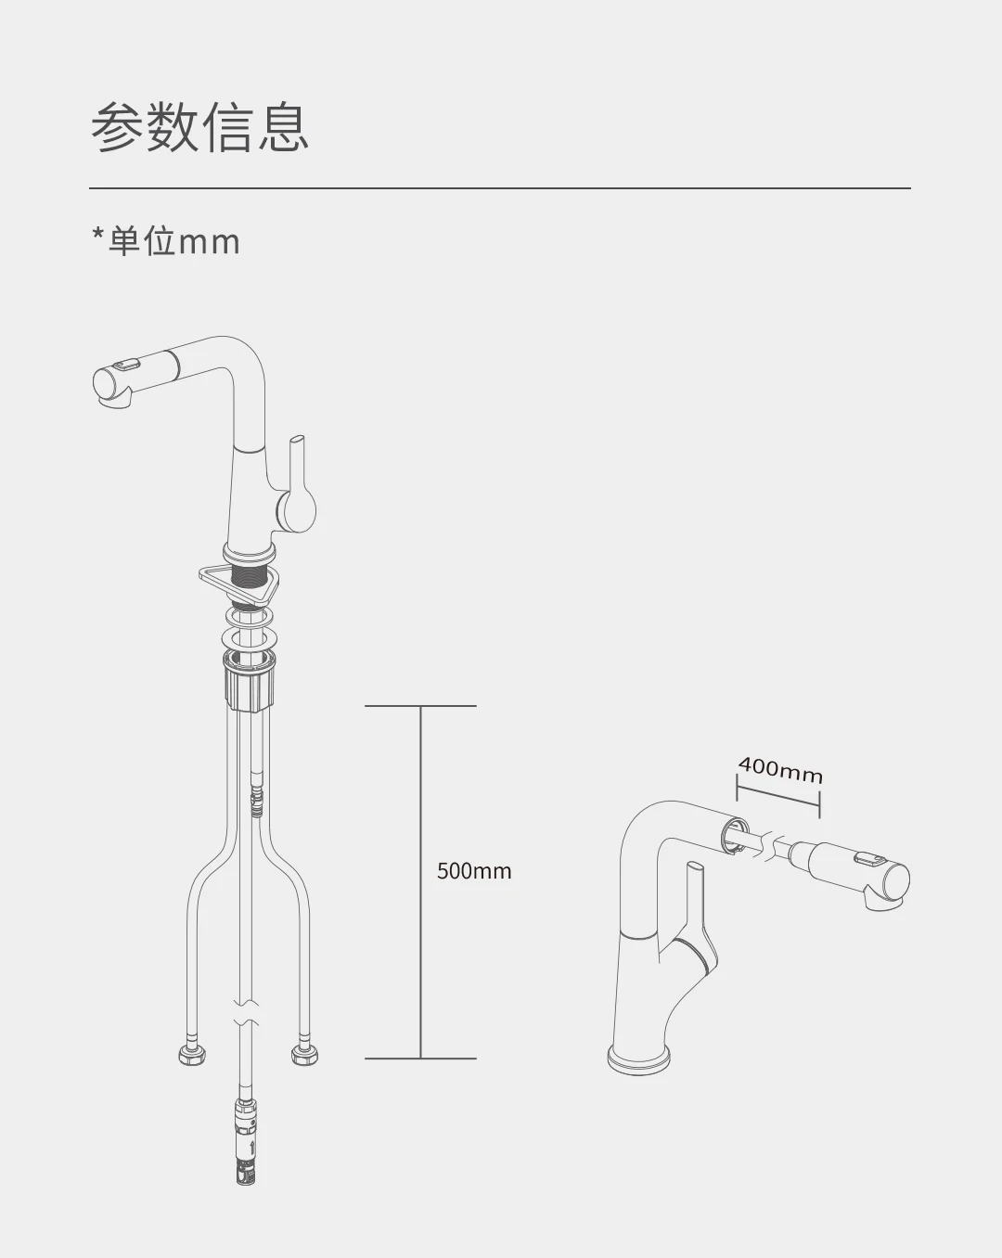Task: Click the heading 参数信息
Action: [x=199, y=127]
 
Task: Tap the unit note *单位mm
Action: [x=166, y=241]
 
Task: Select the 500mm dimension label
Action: [x=474, y=871]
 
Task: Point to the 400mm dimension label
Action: [x=780, y=769]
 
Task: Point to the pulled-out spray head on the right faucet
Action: [x=858, y=872]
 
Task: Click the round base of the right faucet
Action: [x=638, y=1058]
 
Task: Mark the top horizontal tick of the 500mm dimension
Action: [x=420, y=706]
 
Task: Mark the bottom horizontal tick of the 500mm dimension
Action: [x=420, y=1058]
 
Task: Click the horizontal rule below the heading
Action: [x=500, y=188]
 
